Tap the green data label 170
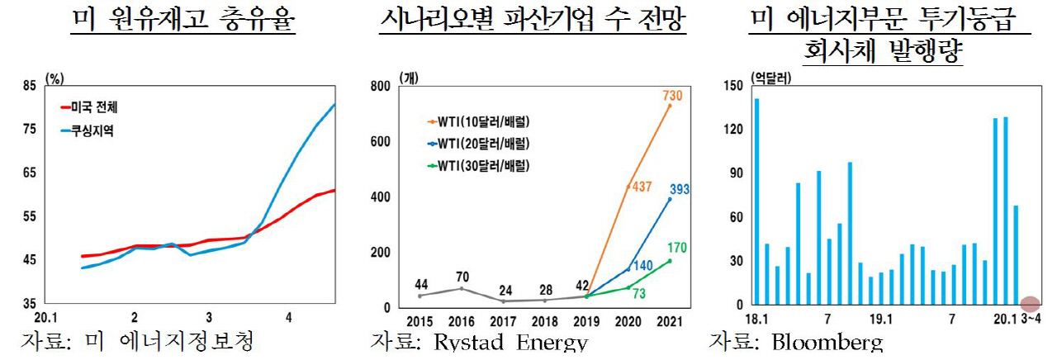click(x=676, y=248)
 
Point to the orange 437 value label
click(x=641, y=187)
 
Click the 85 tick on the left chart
click(x=29, y=85)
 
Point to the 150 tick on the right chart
click(x=732, y=85)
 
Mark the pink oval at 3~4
click(x=1030, y=304)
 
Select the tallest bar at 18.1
click(x=756, y=201)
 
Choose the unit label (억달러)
click(x=770, y=78)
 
